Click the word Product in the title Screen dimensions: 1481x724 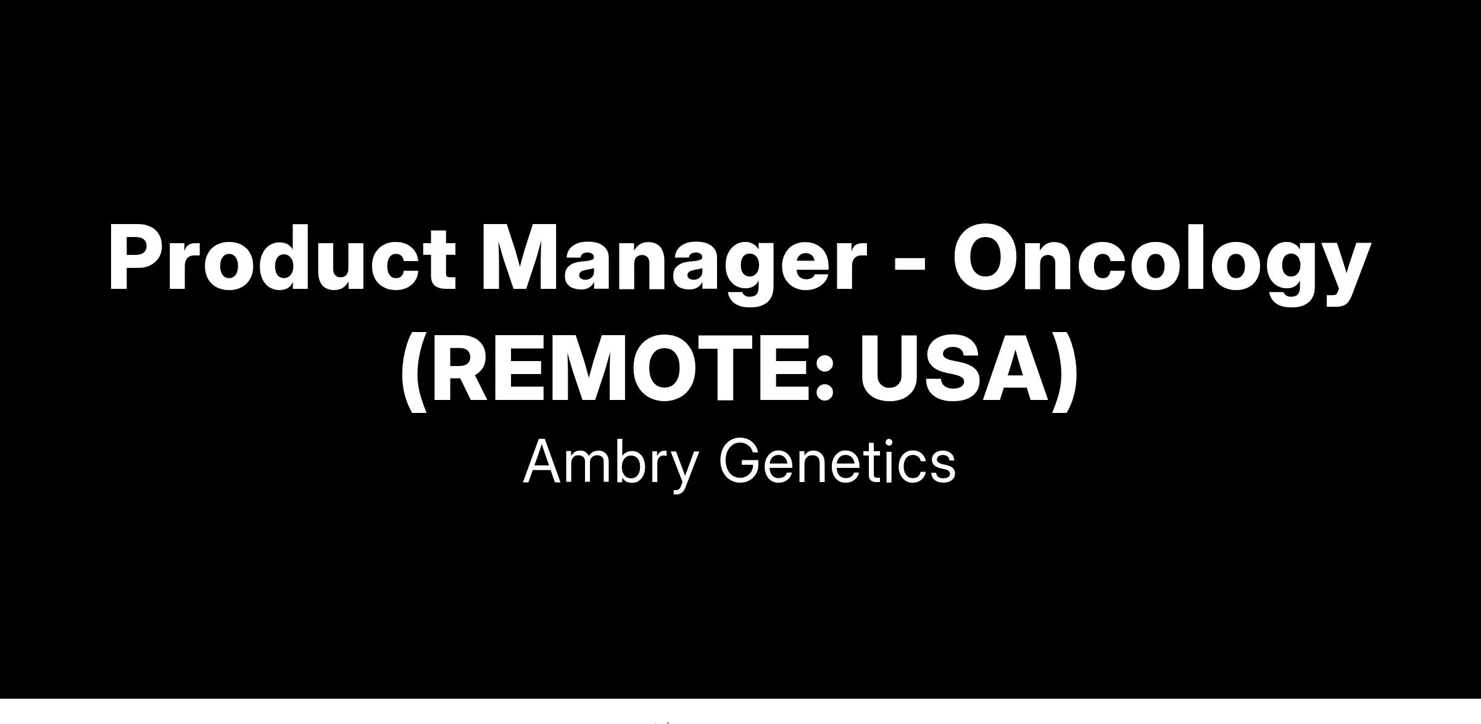tap(282, 257)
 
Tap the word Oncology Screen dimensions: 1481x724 tap(1162, 264)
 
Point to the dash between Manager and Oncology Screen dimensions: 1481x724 tap(910, 265)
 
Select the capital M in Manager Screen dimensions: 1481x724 tap(520, 258)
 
